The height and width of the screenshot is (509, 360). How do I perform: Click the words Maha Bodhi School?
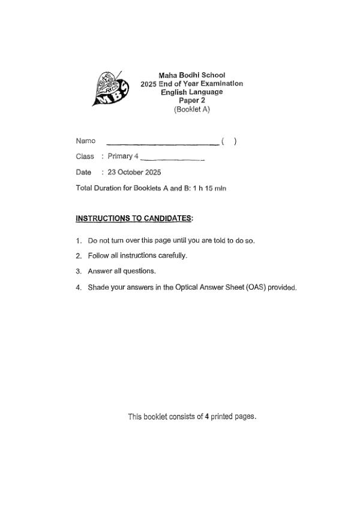coord(191,76)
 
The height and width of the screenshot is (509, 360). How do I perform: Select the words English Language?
coord(191,92)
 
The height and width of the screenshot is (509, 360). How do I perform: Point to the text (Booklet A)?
coord(192,110)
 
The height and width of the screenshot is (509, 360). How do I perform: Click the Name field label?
coord(85,141)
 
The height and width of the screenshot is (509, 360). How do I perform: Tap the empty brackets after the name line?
coord(229,141)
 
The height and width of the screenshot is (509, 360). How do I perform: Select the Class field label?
coord(85,156)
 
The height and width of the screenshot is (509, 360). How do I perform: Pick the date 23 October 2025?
coord(134,172)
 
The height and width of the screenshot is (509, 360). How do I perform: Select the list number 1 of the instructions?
coord(79,241)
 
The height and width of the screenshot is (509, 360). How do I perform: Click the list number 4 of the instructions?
coord(79,287)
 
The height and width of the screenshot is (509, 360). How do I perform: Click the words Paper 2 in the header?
coord(192,101)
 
